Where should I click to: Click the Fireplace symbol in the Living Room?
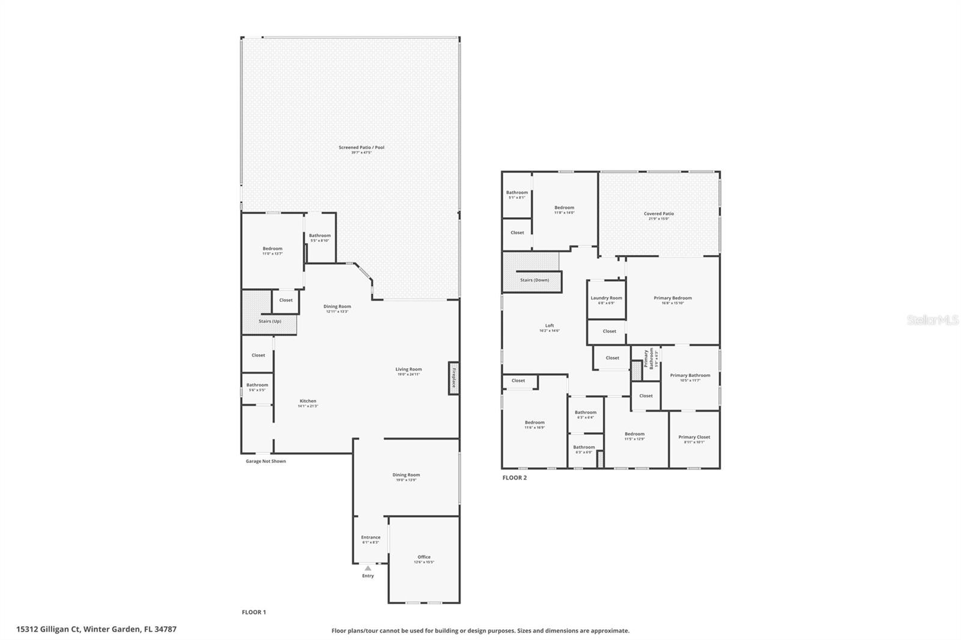coord(453,378)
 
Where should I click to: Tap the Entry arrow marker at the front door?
coord(368,568)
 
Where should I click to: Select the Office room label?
coord(424,557)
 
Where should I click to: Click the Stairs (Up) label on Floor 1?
coord(270,321)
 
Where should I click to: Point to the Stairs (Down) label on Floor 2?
coord(534,280)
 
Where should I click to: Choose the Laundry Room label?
coord(606,298)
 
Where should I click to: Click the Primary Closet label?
coord(694,438)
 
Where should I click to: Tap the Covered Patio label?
coord(658,214)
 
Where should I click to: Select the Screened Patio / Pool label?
coord(361,148)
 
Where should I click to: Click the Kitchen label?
coord(308,402)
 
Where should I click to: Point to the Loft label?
coord(549,326)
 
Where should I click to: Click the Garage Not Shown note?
coord(265,462)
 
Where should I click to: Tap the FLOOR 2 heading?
coord(514,478)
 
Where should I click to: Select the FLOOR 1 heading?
coord(253,612)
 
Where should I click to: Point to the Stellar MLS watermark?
coord(932,321)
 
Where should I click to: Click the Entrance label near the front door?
coord(371,538)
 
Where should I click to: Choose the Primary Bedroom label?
coord(672,298)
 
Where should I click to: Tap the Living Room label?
coord(408,370)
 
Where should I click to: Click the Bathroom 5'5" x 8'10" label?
coord(320,236)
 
